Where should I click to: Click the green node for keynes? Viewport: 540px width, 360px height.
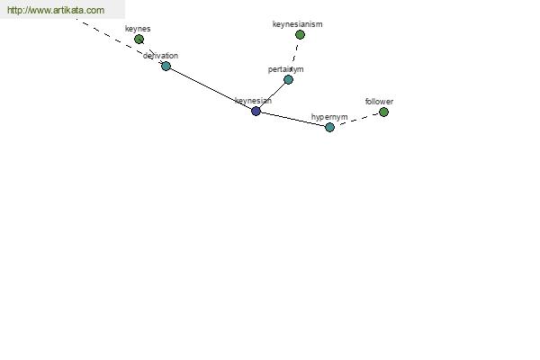pyautogui.click(x=139, y=40)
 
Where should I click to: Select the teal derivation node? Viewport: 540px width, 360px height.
pyautogui.click(x=166, y=66)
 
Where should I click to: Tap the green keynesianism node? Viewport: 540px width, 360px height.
pyautogui.click(x=300, y=34)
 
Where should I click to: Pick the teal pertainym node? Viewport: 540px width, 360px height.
pyautogui.click(x=288, y=79)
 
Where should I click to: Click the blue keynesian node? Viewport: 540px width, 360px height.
pyautogui.click(x=256, y=111)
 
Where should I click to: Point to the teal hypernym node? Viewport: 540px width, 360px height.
pyautogui.click(x=329, y=127)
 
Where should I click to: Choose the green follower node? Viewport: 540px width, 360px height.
pyautogui.click(x=383, y=112)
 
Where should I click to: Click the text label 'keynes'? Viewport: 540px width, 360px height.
pyautogui.click(x=138, y=29)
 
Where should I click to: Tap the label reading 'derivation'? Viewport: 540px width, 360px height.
pyautogui.click(x=160, y=56)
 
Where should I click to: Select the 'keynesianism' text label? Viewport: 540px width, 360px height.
pyautogui.click(x=298, y=24)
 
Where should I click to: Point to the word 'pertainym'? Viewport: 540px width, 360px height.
pyautogui.click(x=286, y=69)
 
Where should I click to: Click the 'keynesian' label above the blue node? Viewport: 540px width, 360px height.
pyautogui.click(x=253, y=101)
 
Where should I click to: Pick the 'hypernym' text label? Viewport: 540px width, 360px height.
pyautogui.click(x=329, y=117)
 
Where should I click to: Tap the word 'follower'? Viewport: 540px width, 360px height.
pyautogui.click(x=379, y=102)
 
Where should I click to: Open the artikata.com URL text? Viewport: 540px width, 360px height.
pyautogui.click(x=56, y=10)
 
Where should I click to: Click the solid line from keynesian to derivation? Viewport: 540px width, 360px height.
pyautogui.click(x=211, y=88)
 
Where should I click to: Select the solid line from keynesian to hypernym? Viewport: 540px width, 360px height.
pyautogui.click(x=292, y=119)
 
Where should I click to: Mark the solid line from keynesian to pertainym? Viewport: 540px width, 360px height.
pyautogui.click(x=272, y=95)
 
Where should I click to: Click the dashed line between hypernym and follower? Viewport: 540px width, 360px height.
pyautogui.click(x=356, y=119)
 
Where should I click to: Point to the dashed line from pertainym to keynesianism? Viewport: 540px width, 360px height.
pyautogui.click(x=294, y=57)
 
